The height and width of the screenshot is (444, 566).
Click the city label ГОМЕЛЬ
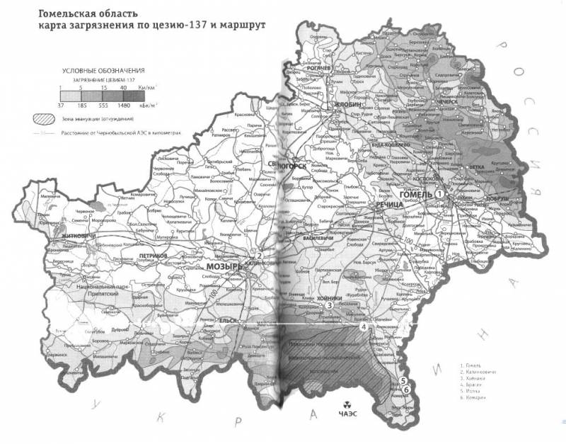[415, 193]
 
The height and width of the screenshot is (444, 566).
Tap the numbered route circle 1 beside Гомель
[439, 193]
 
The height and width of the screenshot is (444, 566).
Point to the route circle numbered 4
[364, 327]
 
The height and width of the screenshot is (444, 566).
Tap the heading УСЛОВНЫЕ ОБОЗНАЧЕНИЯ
[103, 72]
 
